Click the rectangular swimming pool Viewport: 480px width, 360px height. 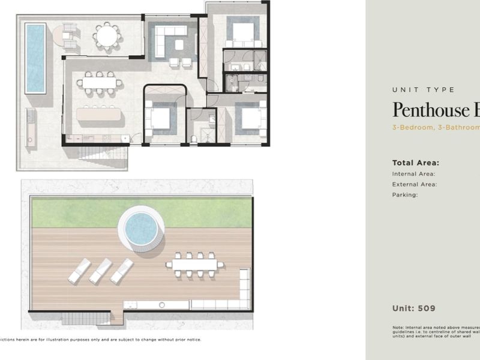(35, 58)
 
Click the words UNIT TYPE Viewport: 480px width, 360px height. (423, 90)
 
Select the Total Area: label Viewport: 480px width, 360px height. (416, 163)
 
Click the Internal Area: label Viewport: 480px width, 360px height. (413, 174)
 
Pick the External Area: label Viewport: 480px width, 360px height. (414, 184)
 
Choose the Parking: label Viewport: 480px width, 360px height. (405, 194)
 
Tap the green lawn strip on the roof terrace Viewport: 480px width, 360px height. (78, 213)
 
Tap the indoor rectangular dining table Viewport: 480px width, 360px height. (100, 83)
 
